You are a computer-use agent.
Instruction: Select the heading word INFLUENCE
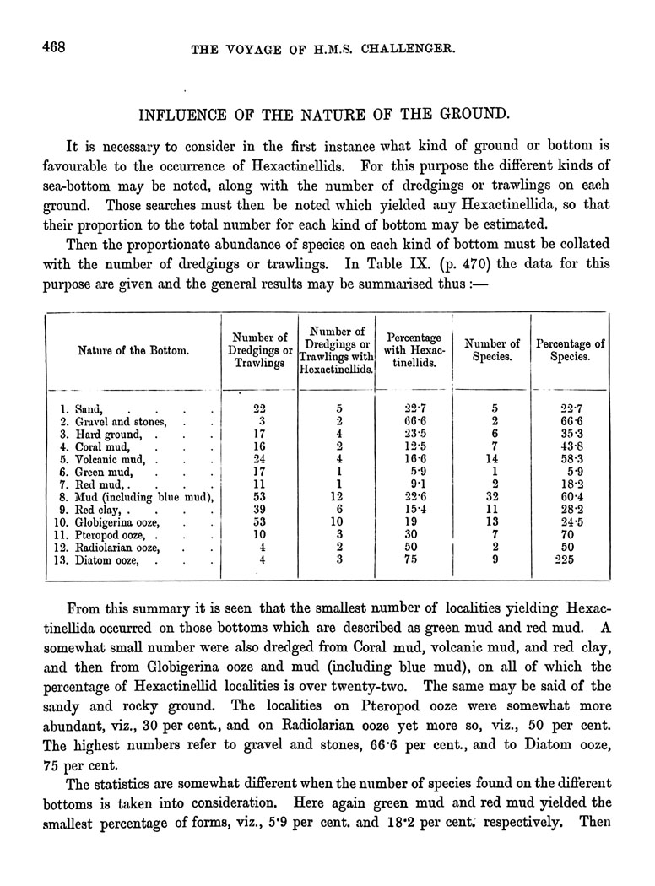tap(183, 112)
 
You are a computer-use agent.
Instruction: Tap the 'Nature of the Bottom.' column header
tap(133, 350)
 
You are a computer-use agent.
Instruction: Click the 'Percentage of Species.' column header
tap(571, 350)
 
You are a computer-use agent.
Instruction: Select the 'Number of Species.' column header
tap(492, 350)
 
